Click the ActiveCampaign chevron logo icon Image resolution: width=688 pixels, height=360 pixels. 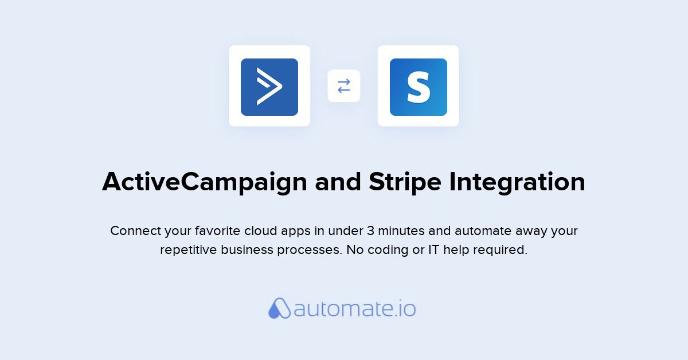(x=269, y=87)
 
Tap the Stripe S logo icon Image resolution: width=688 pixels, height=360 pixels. (x=419, y=87)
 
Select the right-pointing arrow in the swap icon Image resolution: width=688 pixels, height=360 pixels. (x=344, y=82)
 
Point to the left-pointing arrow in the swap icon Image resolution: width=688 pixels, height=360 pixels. (x=344, y=89)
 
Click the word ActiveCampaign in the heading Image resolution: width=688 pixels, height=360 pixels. (x=205, y=183)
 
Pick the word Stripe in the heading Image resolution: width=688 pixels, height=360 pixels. (x=405, y=183)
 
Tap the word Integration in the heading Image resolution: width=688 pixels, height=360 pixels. (x=517, y=183)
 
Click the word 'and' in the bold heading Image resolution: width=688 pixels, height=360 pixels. (x=338, y=182)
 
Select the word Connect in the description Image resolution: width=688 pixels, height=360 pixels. (x=135, y=230)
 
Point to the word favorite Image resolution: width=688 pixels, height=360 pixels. (x=217, y=230)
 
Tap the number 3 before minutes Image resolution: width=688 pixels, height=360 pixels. (x=371, y=230)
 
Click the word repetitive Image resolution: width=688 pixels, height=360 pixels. (x=189, y=250)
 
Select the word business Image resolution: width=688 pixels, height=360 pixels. (x=247, y=250)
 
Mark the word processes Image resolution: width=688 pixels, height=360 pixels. (x=310, y=251)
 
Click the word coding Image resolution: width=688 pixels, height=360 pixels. (x=388, y=250)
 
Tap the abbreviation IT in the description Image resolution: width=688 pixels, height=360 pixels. (x=433, y=250)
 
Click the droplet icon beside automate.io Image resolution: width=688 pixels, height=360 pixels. (x=280, y=308)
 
